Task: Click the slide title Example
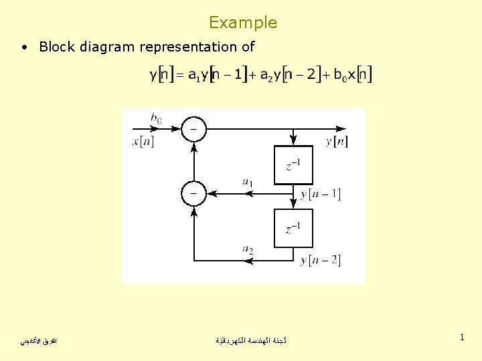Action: pos(242,23)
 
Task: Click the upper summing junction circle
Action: pos(193,129)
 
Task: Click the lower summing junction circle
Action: pos(193,194)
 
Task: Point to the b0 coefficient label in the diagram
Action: pos(156,119)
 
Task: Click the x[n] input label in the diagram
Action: pos(143,141)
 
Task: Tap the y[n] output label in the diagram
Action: pos(337,141)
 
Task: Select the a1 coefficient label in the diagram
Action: pos(248,181)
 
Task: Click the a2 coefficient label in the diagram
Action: pos(248,250)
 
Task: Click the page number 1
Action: pos(462,338)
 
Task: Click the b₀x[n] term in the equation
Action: pos(353,75)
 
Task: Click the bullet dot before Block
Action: pos(24,47)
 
